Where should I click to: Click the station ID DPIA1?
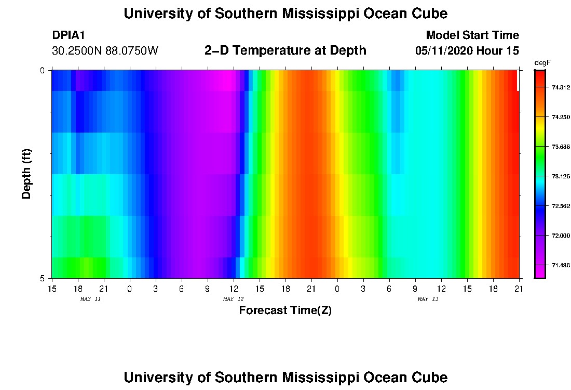69,35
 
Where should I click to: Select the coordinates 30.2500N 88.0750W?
105,51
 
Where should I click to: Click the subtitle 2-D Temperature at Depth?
285,50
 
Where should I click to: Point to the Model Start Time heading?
472,35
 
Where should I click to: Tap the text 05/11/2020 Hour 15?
467,51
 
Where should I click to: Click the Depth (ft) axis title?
27,174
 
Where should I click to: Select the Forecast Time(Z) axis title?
285,310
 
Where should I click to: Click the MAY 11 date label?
90,299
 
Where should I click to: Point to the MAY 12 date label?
233,299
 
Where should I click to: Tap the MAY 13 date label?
428,299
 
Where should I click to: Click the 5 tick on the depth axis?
42,278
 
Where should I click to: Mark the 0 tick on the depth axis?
42,70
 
